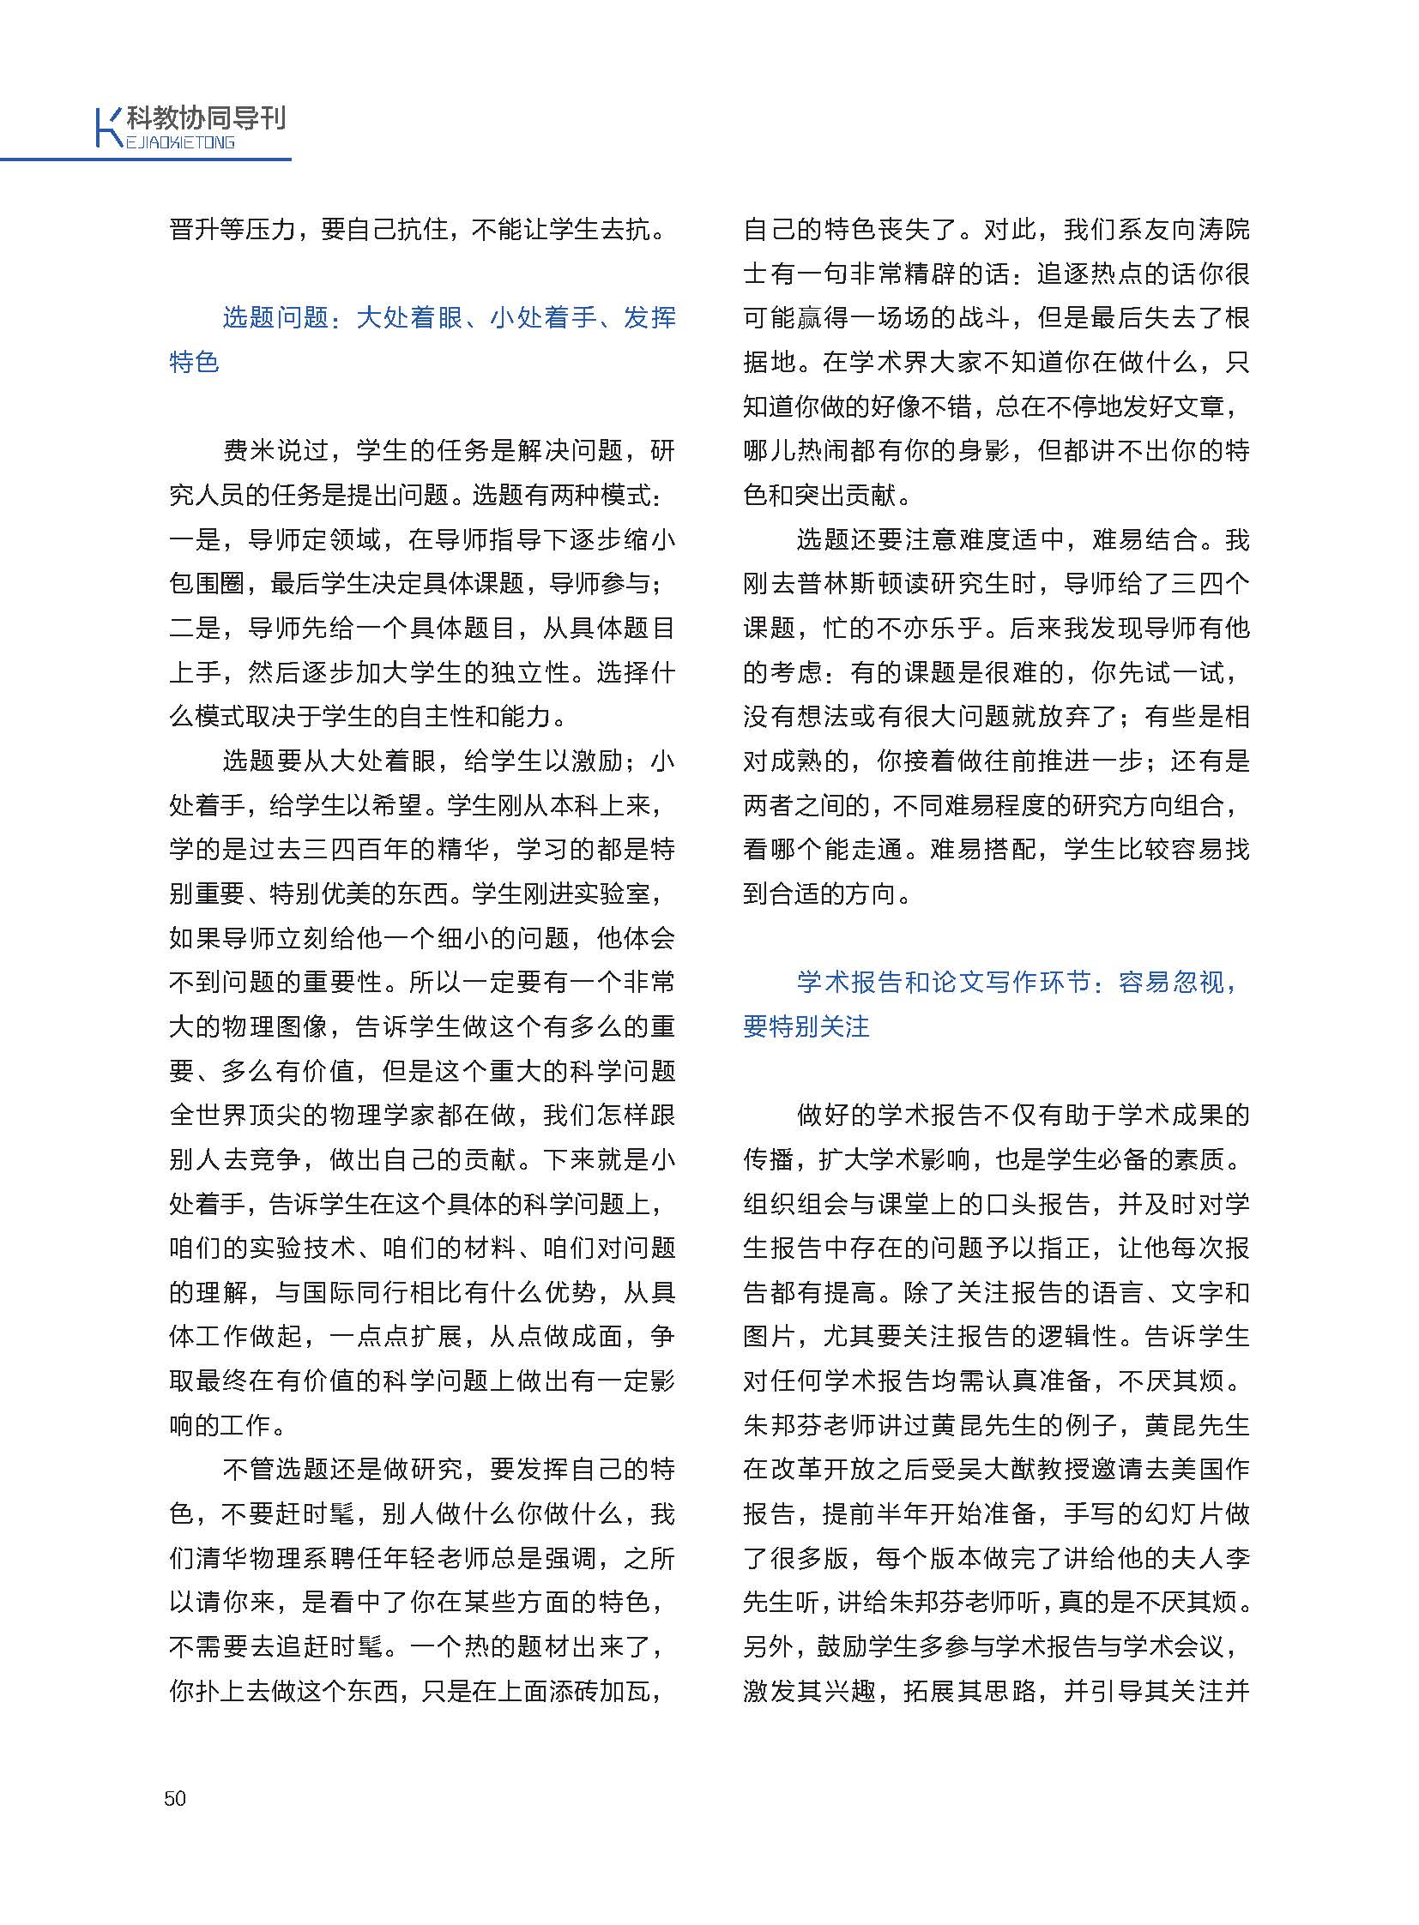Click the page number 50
click(x=174, y=1799)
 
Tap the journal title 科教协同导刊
click(x=206, y=118)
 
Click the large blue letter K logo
click(x=106, y=128)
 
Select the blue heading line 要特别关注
click(x=806, y=1026)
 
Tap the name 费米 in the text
click(x=249, y=451)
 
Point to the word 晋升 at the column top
click(x=194, y=229)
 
